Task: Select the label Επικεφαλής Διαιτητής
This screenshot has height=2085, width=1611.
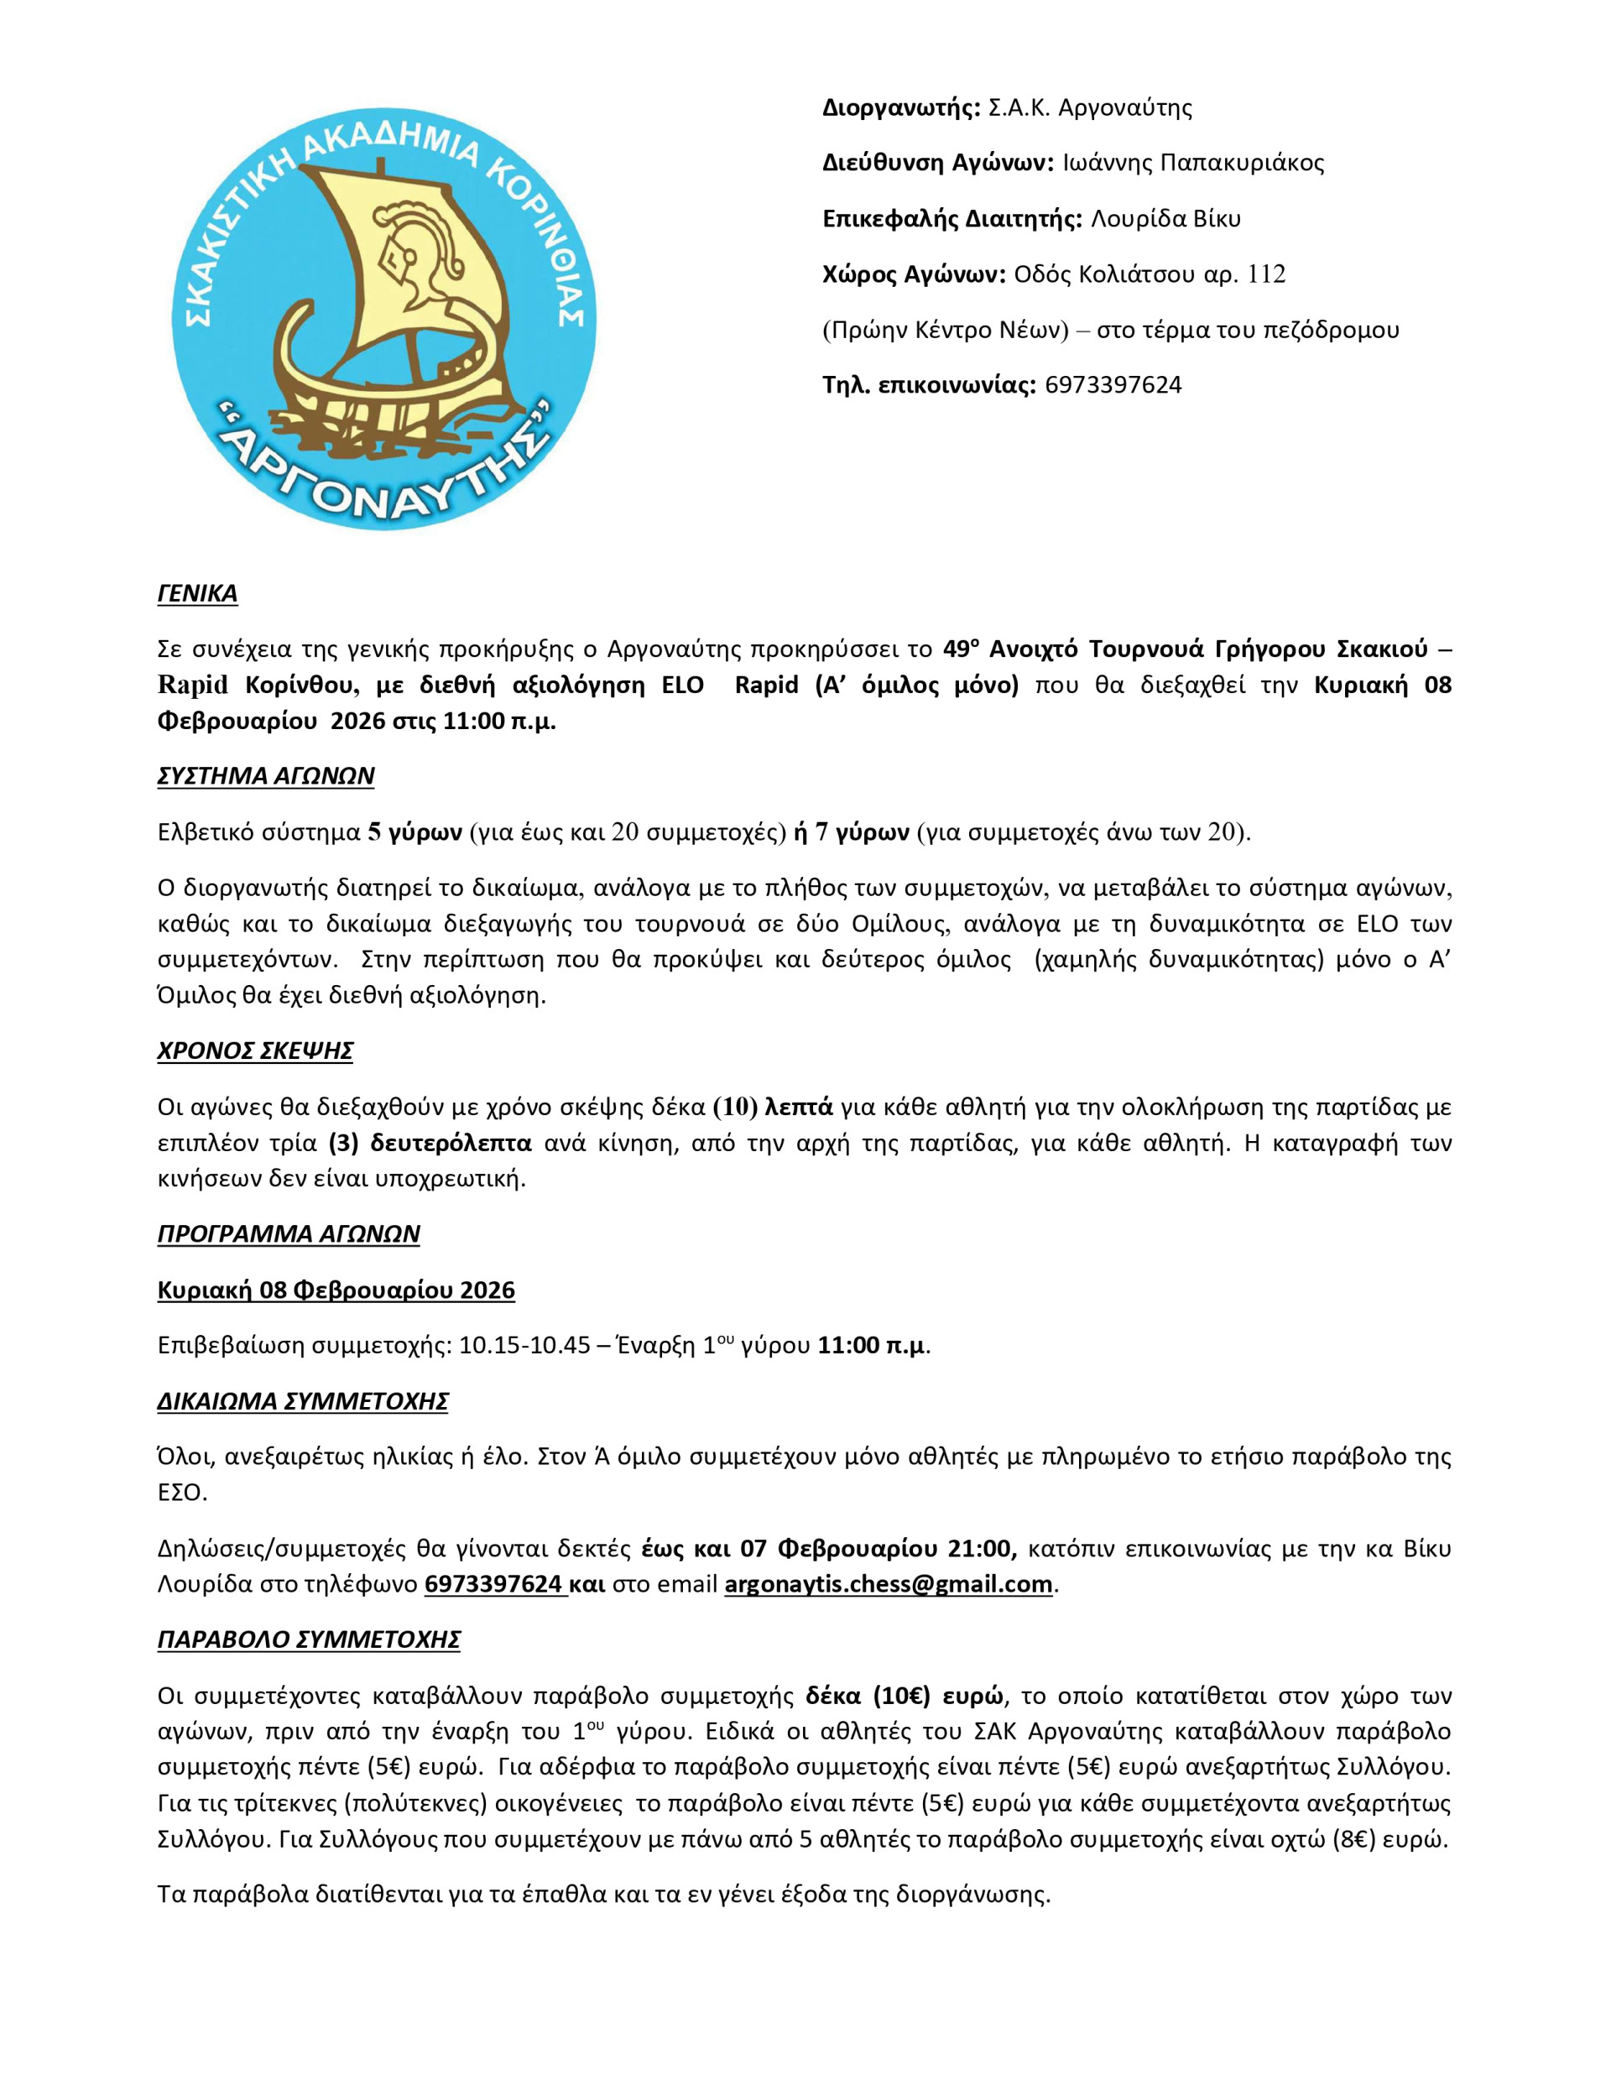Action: coord(951,219)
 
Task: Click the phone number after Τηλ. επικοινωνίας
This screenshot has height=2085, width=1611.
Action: coord(1113,386)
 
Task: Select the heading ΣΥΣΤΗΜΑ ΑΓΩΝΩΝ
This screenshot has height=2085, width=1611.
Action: coord(265,776)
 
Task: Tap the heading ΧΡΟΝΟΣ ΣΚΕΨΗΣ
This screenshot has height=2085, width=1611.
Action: coord(255,1051)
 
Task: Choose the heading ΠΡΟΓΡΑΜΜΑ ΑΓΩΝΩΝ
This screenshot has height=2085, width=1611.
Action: coord(289,1234)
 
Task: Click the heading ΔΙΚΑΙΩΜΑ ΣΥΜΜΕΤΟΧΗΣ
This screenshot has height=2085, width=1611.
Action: coord(303,1401)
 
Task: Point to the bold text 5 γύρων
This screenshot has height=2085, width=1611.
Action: coord(414,832)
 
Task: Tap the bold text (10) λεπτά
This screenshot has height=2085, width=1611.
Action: coord(774,1108)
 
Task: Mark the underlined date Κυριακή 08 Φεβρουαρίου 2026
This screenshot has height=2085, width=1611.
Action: coord(336,1290)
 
